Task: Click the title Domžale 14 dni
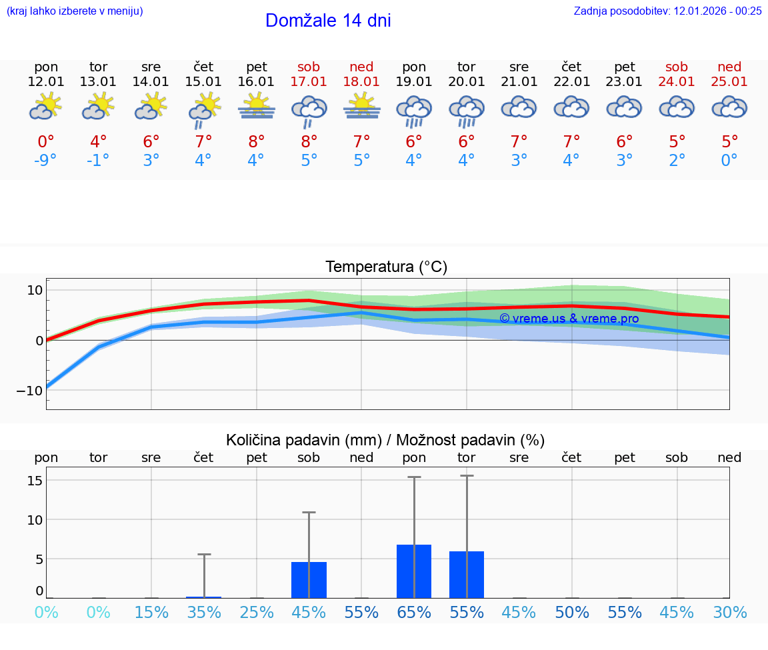pos(328,21)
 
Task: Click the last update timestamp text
pos(667,11)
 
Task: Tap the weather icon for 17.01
pos(309,109)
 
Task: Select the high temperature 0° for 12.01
pos(46,141)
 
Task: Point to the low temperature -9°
pos(46,161)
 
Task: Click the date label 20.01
pos(467,81)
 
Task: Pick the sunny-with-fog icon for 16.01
pos(257,107)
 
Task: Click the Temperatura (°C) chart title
pos(386,267)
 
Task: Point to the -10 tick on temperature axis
pos(30,391)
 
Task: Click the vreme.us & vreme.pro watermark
pos(569,319)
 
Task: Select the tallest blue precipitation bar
pos(414,571)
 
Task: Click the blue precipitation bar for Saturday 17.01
pos(309,580)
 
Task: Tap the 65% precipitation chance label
pos(414,612)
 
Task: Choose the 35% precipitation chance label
pos(204,612)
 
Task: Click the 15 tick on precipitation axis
pos(35,481)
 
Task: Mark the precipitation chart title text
pos(385,440)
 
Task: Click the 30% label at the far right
pos(729,612)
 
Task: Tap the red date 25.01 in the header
pos(729,81)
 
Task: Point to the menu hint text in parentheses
pos(75,11)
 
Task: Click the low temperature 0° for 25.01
pos(729,161)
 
